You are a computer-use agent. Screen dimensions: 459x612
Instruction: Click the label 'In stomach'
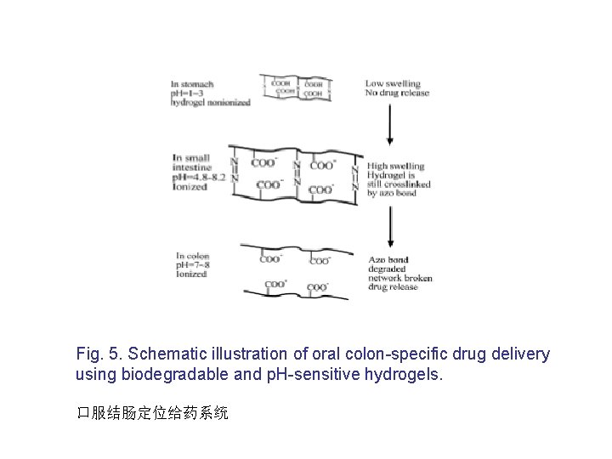click(x=192, y=84)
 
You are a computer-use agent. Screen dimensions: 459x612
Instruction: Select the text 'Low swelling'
click(x=393, y=84)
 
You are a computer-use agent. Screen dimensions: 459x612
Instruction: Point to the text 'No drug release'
click(x=398, y=93)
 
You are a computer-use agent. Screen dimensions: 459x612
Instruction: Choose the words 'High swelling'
click(x=395, y=167)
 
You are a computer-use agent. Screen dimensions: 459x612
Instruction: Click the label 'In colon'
click(x=192, y=256)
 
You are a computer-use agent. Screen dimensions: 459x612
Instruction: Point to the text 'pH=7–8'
click(x=190, y=265)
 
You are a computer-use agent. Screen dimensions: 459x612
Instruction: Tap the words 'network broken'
click(x=399, y=278)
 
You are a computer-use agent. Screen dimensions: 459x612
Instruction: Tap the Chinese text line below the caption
click(x=152, y=413)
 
